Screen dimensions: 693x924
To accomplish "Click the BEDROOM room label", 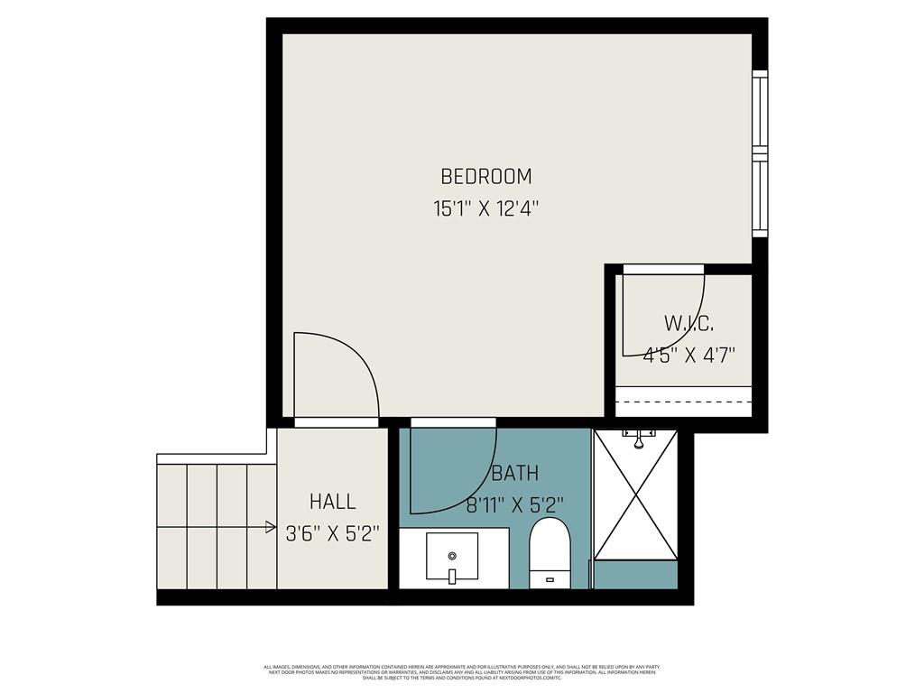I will pyautogui.click(x=485, y=176).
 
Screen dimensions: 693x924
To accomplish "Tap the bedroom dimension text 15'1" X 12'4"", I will pyautogui.click(x=485, y=209).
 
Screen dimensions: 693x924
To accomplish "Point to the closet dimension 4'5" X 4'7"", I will pyautogui.click(x=689, y=355).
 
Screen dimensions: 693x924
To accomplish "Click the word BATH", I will pyautogui.click(x=515, y=473).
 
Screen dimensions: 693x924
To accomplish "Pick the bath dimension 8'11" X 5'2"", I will pyautogui.click(x=516, y=505).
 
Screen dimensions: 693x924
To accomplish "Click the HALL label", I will pyautogui.click(x=332, y=502).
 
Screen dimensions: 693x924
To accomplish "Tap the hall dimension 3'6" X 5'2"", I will pyautogui.click(x=332, y=533).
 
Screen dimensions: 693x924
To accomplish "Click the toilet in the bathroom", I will pyautogui.click(x=550, y=552).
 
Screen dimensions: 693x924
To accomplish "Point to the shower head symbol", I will pyautogui.click(x=638, y=439).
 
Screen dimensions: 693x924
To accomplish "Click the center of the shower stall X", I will pyautogui.click(x=637, y=494).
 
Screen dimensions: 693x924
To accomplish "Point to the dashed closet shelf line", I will pyautogui.click(x=683, y=402).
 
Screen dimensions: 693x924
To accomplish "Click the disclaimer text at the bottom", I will pyautogui.click(x=461, y=672).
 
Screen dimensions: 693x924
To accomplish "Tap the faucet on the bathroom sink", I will pyautogui.click(x=451, y=575).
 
